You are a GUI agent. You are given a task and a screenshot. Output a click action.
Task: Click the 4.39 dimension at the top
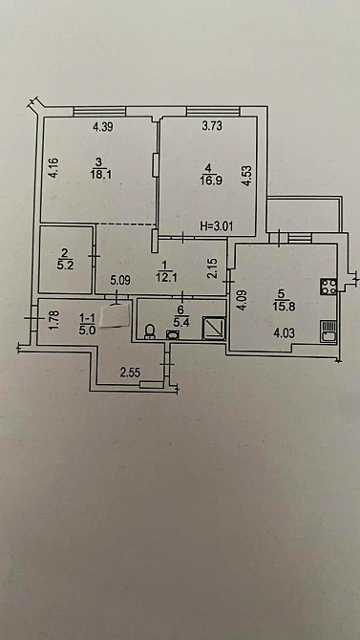coord(103,126)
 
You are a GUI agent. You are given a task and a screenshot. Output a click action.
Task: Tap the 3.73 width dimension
coord(213,126)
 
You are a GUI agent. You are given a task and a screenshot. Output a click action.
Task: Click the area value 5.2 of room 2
coord(66,266)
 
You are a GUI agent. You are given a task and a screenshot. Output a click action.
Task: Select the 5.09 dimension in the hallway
coord(119,281)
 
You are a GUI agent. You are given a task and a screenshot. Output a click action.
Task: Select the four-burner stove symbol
coord(328,284)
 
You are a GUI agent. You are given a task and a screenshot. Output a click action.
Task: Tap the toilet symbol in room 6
coord(151,331)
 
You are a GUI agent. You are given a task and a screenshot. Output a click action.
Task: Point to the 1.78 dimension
coord(53,319)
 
